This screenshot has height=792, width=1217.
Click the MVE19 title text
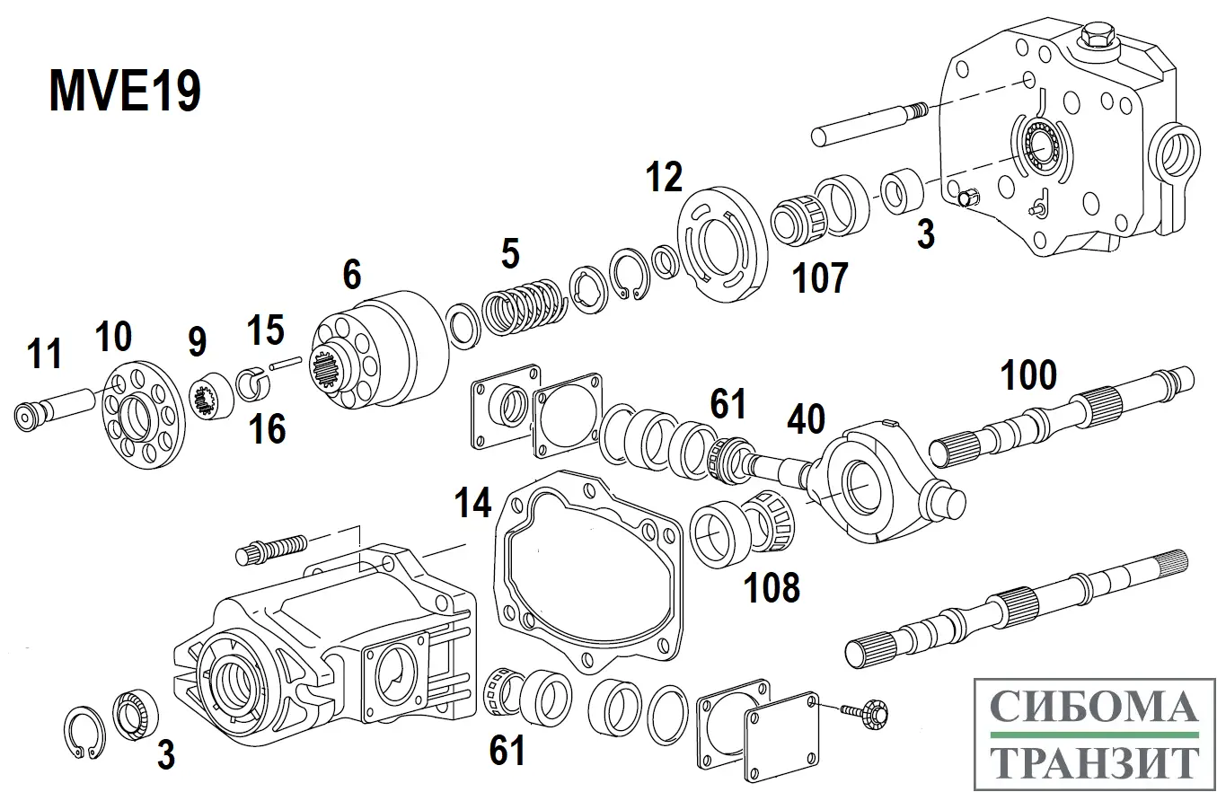(125, 92)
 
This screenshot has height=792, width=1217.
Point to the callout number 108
(772, 588)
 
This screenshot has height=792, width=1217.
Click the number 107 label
(819, 279)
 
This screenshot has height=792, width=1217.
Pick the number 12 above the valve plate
(665, 178)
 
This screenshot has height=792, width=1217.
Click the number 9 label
(197, 342)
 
